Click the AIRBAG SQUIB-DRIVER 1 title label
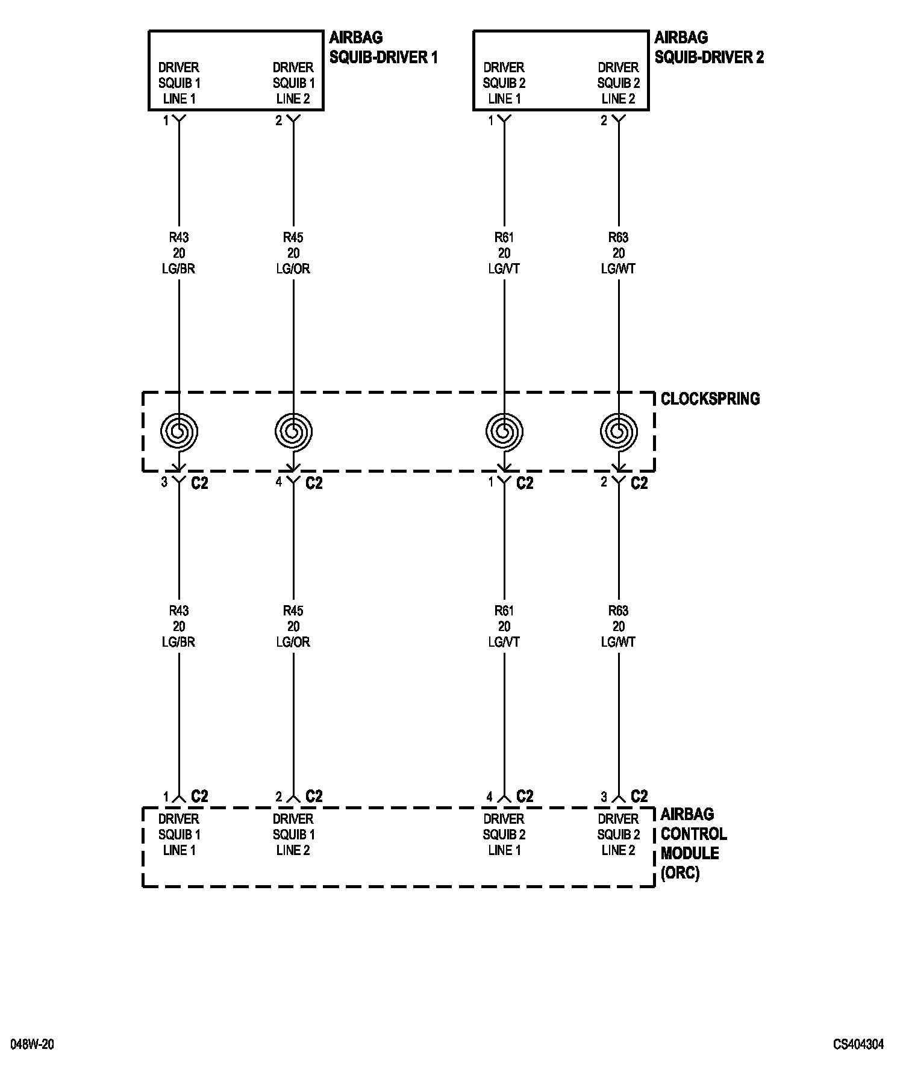coord(383,48)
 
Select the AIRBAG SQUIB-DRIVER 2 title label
coord(709,48)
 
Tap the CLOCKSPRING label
coord(710,399)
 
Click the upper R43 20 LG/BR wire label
coord(179,253)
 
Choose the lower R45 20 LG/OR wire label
coord(293,626)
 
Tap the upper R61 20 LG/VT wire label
coord(504,253)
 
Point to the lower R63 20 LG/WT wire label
coord(619,626)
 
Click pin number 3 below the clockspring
coord(164,482)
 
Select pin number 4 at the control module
coord(490,797)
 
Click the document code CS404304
coord(858,1044)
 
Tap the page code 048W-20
coord(32,1044)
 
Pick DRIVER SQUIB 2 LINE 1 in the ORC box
coord(504,835)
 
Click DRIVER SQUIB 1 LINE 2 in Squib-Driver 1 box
coord(293,83)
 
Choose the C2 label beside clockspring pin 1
coord(525,483)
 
